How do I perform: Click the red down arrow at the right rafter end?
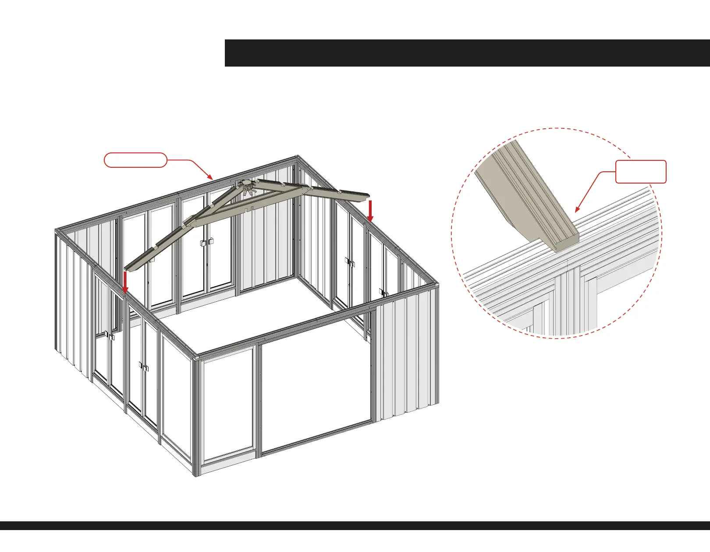tap(370, 211)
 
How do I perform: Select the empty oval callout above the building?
tap(135, 160)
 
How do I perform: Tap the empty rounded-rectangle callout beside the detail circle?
tap(641, 172)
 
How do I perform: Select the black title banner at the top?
tap(467, 53)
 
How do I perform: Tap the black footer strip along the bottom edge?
tap(355, 526)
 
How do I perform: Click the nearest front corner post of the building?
tap(196, 416)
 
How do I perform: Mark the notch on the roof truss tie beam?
tap(248, 209)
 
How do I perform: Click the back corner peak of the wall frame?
tap(298, 158)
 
